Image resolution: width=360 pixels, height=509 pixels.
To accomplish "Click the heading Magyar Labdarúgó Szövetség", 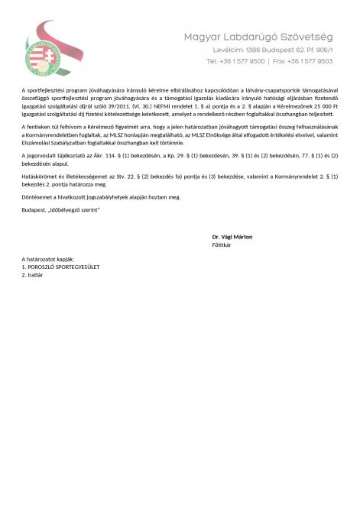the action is pos(258,37).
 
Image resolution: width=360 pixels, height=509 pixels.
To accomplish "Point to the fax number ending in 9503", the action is pos(310,60).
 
